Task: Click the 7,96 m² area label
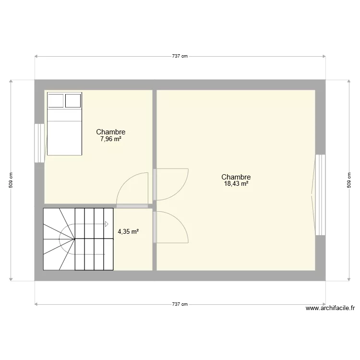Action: click(110, 139)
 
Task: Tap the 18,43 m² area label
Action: click(236, 183)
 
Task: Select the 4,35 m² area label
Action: click(128, 231)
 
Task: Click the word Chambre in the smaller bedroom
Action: click(110, 132)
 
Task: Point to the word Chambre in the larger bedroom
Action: click(236, 177)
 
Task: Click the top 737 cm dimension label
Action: click(180, 56)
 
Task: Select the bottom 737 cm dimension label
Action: click(180, 304)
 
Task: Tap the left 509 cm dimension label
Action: click(11, 180)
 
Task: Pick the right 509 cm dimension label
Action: click(348, 180)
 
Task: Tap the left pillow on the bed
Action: click(56, 100)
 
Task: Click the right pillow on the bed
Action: click(73, 100)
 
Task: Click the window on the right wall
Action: click(320, 194)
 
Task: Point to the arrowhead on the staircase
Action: click(106, 223)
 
